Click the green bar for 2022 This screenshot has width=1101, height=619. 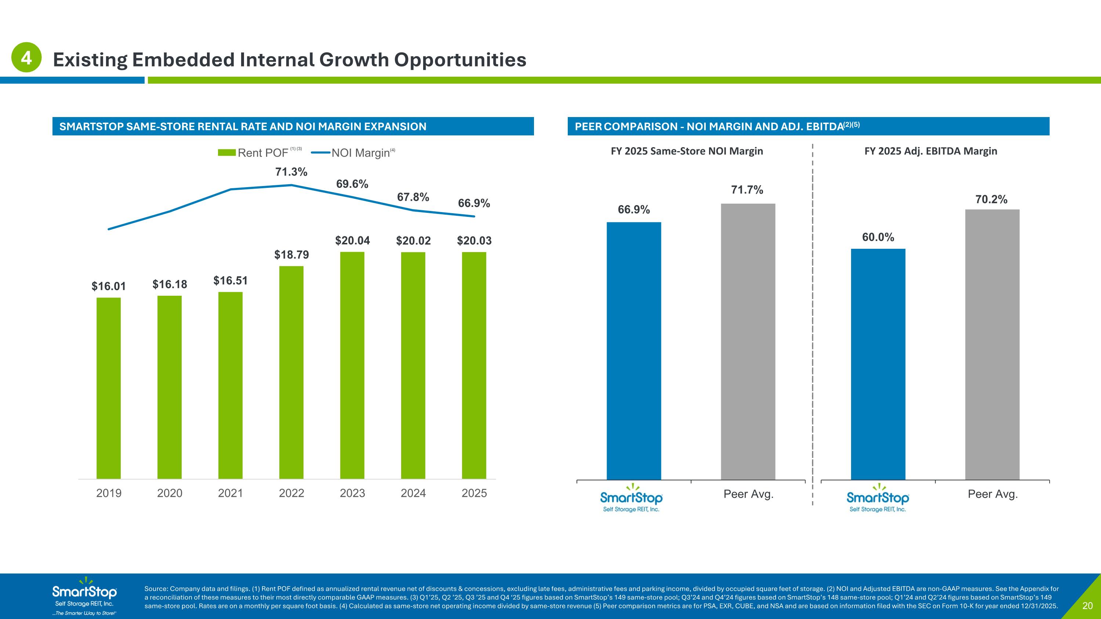tap(291, 372)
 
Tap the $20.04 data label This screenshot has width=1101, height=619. tap(352, 240)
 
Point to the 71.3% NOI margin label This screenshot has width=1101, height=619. tap(291, 172)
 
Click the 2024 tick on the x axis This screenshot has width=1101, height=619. tap(413, 493)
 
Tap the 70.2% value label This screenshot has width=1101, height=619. tap(991, 200)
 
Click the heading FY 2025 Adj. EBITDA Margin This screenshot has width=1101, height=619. tap(930, 151)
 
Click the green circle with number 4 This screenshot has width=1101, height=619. tap(26, 57)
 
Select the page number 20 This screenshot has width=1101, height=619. tap(1087, 606)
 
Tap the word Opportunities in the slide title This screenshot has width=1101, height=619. tap(460, 59)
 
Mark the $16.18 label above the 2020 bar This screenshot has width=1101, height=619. tap(170, 284)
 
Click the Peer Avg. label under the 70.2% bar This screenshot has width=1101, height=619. tap(992, 494)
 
